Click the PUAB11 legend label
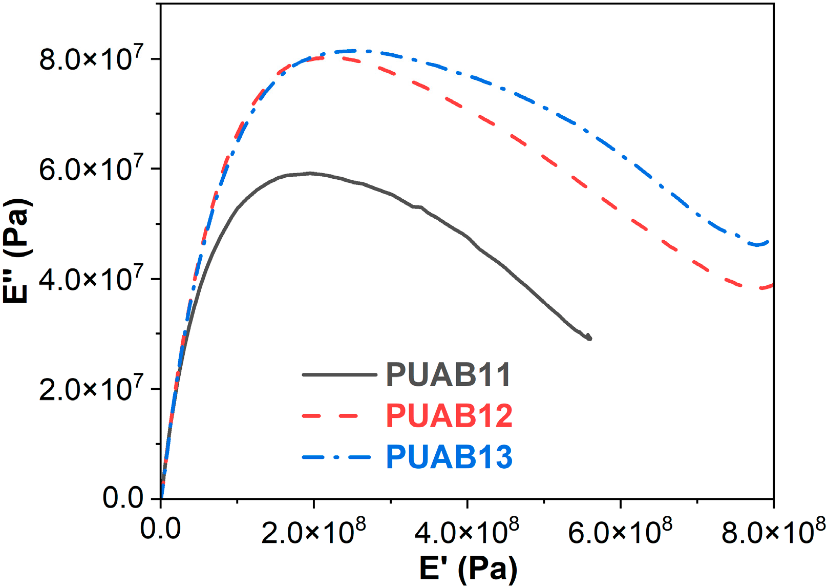pos(448,375)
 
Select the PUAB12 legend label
pos(449,416)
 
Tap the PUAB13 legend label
pos(449,457)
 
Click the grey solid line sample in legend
pos(340,375)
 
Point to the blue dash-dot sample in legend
pos(336,457)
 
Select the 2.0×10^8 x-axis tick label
pos(313,531)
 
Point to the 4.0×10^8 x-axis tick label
pos(466,531)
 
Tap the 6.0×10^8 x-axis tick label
pos(620,531)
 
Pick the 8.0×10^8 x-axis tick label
pos(773,531)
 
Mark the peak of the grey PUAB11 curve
pos(310,173)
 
